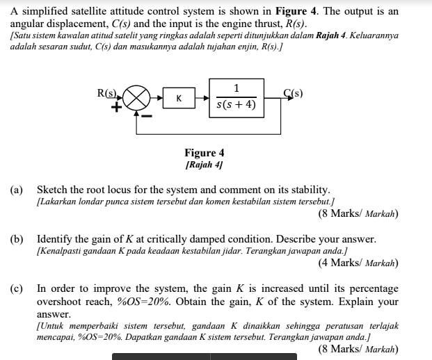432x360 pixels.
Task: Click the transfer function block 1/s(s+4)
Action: (x=237, y=97)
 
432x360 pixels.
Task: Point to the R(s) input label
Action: (x=108, y=92)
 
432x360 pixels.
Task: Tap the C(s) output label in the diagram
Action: (x=293, y=92)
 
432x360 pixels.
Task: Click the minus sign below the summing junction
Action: (x=147, y=114)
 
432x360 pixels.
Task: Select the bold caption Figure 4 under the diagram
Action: (x=204, y=153)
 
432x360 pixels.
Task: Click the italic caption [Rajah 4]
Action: (x=204, y=165)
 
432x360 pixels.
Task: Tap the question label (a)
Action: (x=16, y=190)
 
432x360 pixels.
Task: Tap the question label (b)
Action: (x=16, y=239)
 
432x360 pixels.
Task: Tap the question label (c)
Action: (x=16, y=288)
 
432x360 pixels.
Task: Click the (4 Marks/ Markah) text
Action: (x=358, y=263)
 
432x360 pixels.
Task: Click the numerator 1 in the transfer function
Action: (x=237, y=88)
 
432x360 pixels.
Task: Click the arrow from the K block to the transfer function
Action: (x=201, y=99)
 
